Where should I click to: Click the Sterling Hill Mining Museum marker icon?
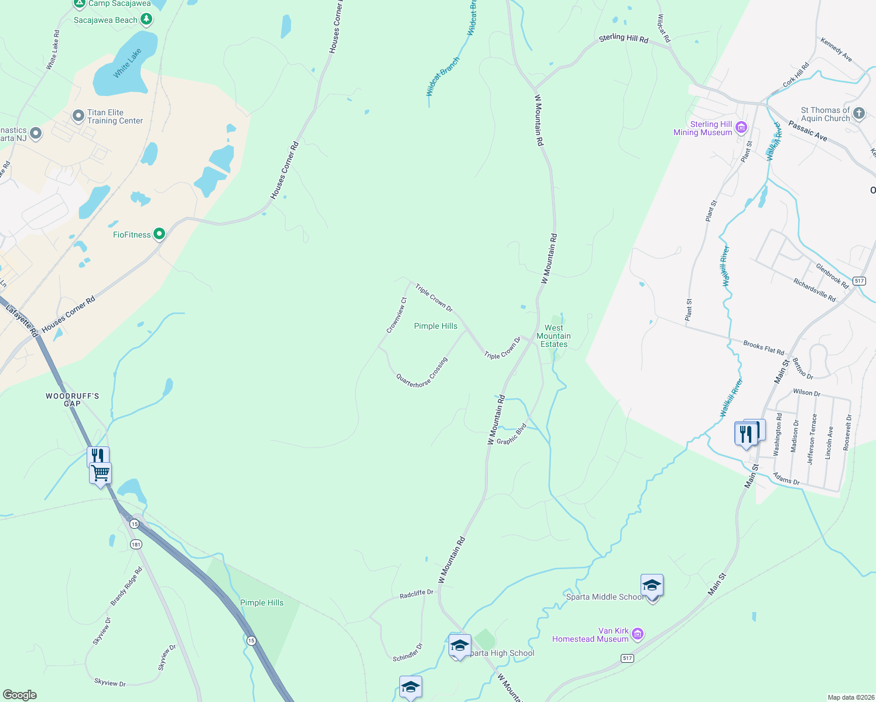pos(741,128)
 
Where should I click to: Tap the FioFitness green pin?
pos(159,235)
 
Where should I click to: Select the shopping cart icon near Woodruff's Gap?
pos(101,473)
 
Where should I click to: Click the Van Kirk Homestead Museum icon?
pos(638,634)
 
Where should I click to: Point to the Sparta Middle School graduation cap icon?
pos(652,585)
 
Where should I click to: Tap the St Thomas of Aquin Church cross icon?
pos(859,113)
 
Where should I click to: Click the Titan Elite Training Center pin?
pos(78,116)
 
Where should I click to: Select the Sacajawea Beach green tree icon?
pos(146,20)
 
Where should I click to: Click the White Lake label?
pos(127,63)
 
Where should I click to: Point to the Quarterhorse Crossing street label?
pos(422,373)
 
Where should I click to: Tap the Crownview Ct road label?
pos(396,316)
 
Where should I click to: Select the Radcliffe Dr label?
pos(416,594)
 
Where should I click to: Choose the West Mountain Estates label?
pos(553,336)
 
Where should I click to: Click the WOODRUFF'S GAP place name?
pos(72,400)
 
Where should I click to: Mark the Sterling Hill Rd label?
pos(624,39)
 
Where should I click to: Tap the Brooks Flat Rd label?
pos(764,348)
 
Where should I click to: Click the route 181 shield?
pos(136,545)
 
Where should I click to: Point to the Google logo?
pos(19,695)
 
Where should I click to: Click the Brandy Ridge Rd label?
pos(126,587)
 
